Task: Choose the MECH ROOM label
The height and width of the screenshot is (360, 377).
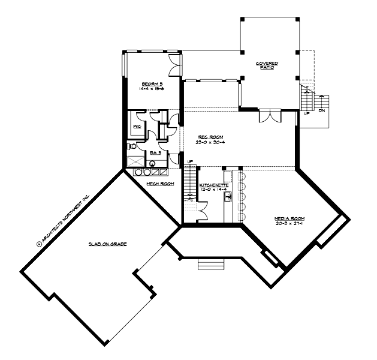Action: point(160,184)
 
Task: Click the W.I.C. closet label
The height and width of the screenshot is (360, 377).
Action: point(137,127)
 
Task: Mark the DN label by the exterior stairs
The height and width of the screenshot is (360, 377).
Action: point(322,110)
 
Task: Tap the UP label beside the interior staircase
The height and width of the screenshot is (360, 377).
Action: point(190,162)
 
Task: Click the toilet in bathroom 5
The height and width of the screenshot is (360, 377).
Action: point(132,146)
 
